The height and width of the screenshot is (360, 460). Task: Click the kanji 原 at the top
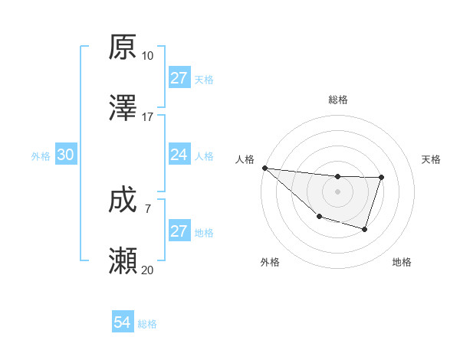tap(123, 47)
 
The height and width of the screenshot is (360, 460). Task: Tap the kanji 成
tap(123, 201)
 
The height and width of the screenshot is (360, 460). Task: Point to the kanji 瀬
tap(123, 261)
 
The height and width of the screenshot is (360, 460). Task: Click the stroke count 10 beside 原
tap(147, 56)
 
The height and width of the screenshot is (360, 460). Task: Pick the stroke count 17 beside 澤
tap(147, 117)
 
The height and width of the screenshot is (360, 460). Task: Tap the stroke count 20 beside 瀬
tap(147, 270)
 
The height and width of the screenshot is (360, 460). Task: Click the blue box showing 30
tap(65, 155)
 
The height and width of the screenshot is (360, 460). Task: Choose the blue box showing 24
tap(179, 155)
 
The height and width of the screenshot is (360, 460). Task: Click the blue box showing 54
tap(122, 323)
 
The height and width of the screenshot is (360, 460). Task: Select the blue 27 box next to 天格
tap(179, 78)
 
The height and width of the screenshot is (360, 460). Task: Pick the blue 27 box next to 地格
tap(179, 231)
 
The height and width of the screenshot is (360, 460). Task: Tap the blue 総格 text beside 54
tap(147, 324)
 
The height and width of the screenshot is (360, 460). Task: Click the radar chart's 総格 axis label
tap(337, 100)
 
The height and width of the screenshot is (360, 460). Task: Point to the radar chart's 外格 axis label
tap(270, 262)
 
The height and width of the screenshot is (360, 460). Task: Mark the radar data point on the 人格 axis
tap(264, 168)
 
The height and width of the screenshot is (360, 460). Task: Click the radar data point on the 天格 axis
tap(381, 178)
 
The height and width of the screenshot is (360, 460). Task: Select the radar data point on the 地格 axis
tap(365, 229)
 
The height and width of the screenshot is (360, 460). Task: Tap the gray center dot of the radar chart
tap(337, 191)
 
